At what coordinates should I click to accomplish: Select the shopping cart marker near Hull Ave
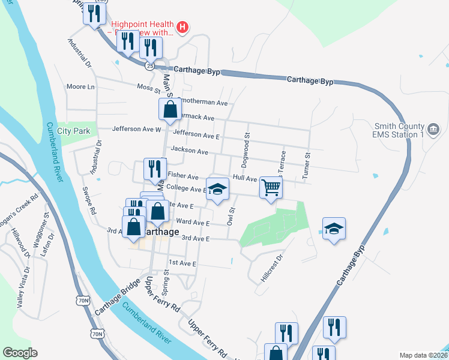click(x=271, y=188)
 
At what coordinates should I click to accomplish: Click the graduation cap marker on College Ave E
click(x=217, y=189)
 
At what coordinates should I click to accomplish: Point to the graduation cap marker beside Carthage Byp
click(x=334, y=229)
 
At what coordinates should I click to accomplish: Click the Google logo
click(x=20, y=353)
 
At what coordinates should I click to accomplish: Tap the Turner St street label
click(x=307, y=163)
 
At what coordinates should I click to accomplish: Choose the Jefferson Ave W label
click(x=137, y=129)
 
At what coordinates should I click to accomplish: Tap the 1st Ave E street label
click(x=182, y=263)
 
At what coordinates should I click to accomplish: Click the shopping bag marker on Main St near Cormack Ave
click(x=170, y=109)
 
